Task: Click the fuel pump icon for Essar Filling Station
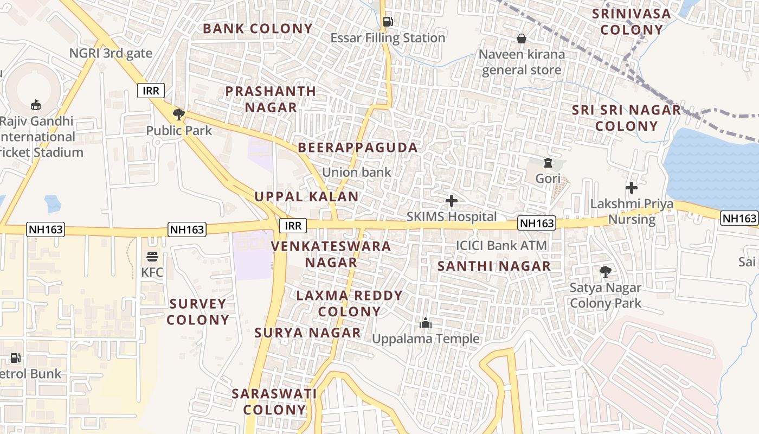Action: [388, 22]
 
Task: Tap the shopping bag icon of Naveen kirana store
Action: [522, 39]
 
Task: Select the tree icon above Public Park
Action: [179, 114]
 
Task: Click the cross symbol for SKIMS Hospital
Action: [451, 201]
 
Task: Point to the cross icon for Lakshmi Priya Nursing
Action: [631, 188]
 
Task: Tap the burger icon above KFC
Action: [152, 256]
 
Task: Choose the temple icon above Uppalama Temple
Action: [426, 323]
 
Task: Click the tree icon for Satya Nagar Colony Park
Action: [605, 272]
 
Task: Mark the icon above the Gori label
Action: [548, 163]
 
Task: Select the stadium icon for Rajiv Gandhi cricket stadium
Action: [36, 104]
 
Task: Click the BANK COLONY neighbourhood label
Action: [258, 29]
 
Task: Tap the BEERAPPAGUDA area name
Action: [358, 148]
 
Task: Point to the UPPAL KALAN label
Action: [307, 196]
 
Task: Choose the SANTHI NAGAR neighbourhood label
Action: [494, 266]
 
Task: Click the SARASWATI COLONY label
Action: [274, 401]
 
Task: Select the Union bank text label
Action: [356, 173]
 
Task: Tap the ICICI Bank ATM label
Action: [501, 246]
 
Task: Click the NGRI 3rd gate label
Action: [111, 53]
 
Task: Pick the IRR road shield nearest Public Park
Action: [151, 91]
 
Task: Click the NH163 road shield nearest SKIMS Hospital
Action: [537, 223]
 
